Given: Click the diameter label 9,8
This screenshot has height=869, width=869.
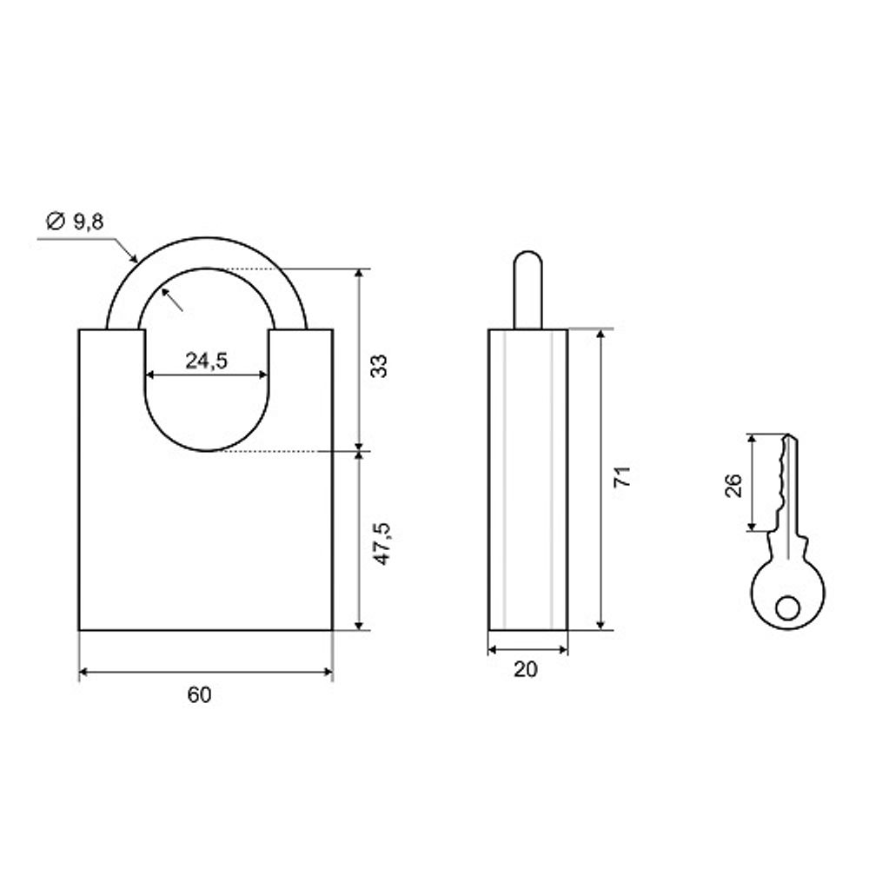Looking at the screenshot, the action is pyautogui.click(x=89, y=222).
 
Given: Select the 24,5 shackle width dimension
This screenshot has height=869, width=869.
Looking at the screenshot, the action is pyautogui.click(x=206, y=361).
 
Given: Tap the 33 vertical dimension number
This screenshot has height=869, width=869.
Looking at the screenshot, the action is pyautogui.click(x=379, y=366).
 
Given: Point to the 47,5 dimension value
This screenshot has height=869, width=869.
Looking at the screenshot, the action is pyautogui.click(x=381, y=544).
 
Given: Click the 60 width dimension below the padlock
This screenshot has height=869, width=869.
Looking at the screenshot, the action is pyautogui.click(x=200, y=694).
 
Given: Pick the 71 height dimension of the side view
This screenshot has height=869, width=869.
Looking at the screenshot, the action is pyautogui.click(x=622, y=477).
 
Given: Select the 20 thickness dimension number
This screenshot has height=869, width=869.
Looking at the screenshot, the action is pyautogui.click(x=526, y=669).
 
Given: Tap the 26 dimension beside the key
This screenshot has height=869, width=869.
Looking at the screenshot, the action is pyautogui.click(x=733, y=486).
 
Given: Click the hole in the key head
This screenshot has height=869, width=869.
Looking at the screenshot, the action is pyautogui.click(x=787, y=608).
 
